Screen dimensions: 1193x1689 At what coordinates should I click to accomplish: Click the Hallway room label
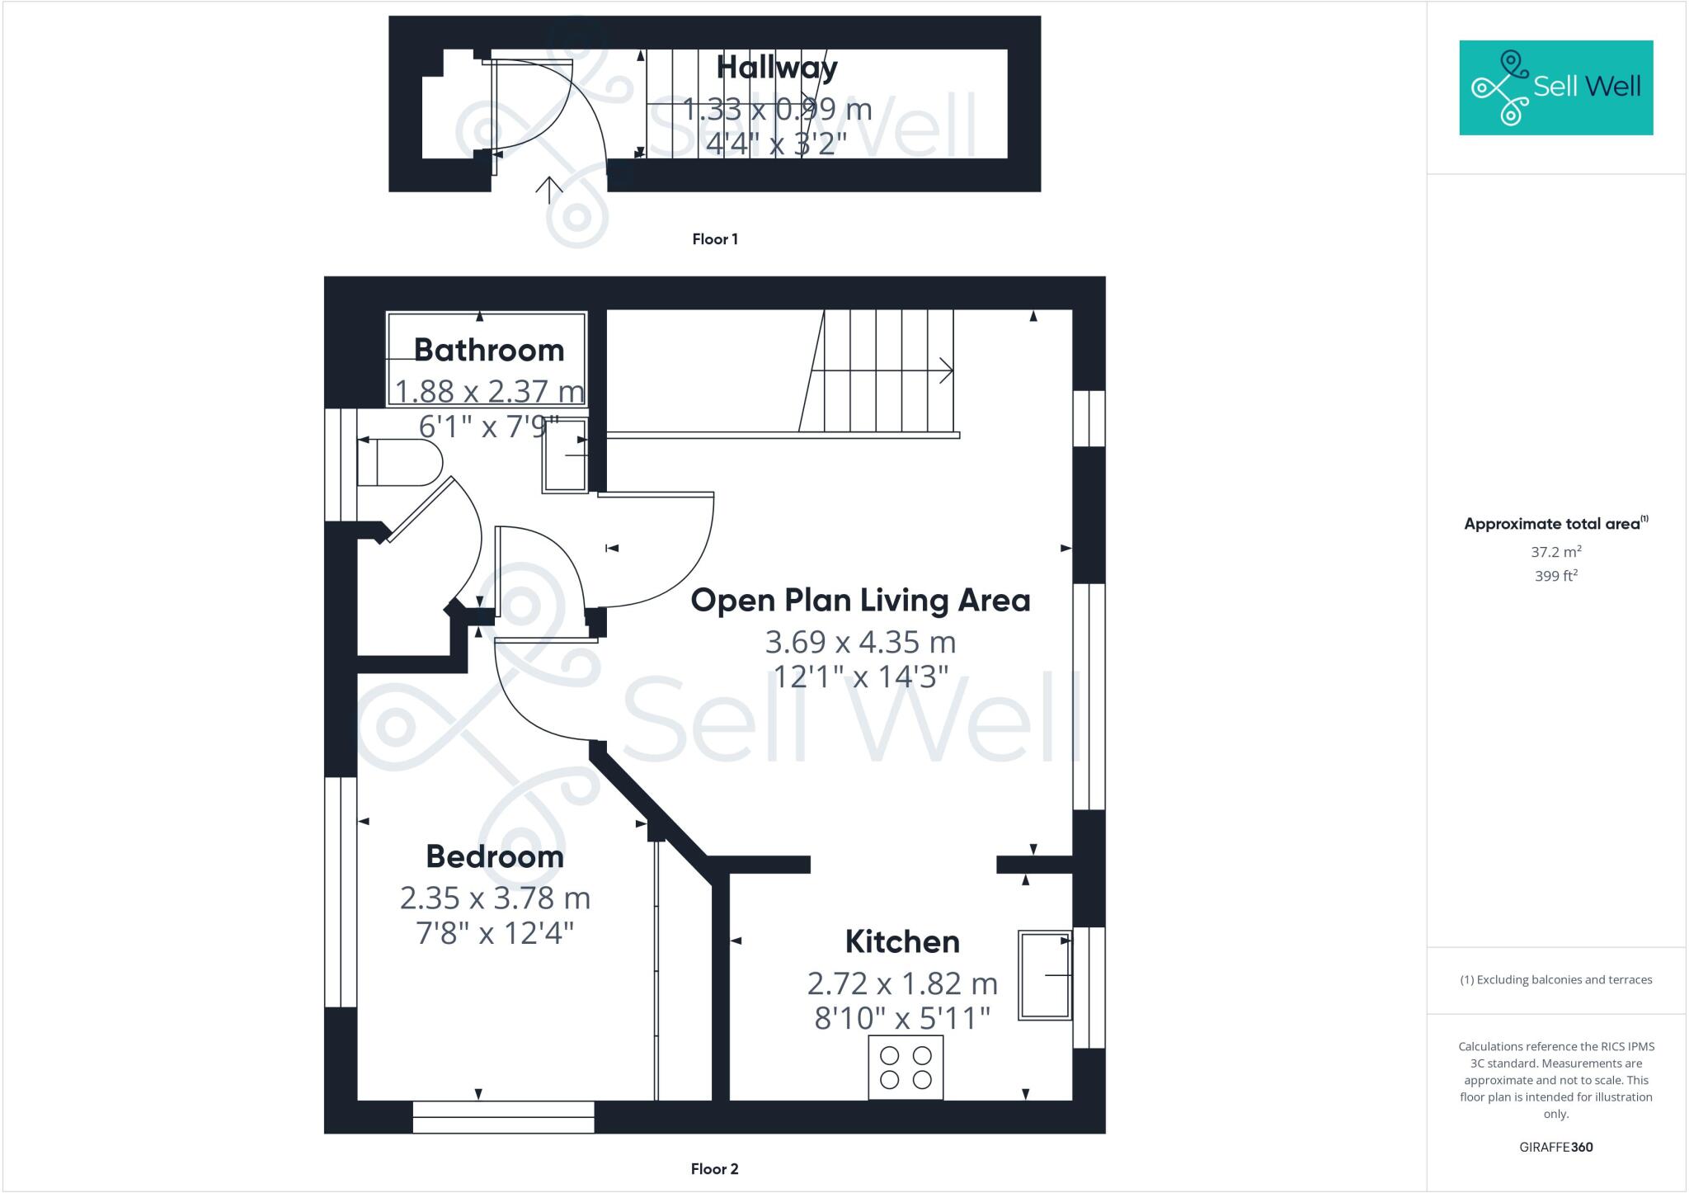(x=776, y=68)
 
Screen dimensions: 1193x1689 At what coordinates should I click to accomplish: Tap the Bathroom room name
(x=488, y=350)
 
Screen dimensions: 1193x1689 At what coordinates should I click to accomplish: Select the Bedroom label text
(x=495, y=856)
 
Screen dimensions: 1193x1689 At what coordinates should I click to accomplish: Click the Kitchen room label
(x=902, y=941)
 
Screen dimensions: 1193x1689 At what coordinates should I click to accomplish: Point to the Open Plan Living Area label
(x=860, y=600)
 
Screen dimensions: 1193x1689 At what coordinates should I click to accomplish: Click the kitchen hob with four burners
(x=905, y=1068)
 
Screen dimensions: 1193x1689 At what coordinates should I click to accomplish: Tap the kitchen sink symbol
(x=1044, y=975)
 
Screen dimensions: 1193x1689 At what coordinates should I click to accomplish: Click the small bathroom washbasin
(x=565, y=455)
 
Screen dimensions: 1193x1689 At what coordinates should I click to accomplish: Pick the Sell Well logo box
(x=1555, y=87)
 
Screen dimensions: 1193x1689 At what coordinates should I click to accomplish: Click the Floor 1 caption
(x=714, y=239)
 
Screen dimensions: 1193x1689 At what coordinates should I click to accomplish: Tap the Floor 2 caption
(x=714, y=1169)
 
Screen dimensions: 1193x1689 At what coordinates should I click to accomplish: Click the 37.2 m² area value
(x=1555, y=552)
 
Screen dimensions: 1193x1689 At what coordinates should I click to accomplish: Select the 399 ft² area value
(x=1555, y=576)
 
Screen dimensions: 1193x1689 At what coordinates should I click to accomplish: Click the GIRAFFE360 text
(x=1555, y=1147)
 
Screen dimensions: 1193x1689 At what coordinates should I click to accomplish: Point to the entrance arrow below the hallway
(x=548, y=189)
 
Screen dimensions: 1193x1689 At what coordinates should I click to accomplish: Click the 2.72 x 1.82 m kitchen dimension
(x=902, y=983)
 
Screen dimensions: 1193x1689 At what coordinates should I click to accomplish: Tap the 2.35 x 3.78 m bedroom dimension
(x=495, y=898)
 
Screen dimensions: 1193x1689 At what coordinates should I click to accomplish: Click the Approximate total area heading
(x=1552, y=524)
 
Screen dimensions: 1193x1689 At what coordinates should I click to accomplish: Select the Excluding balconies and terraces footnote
(x=1555, y=980)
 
